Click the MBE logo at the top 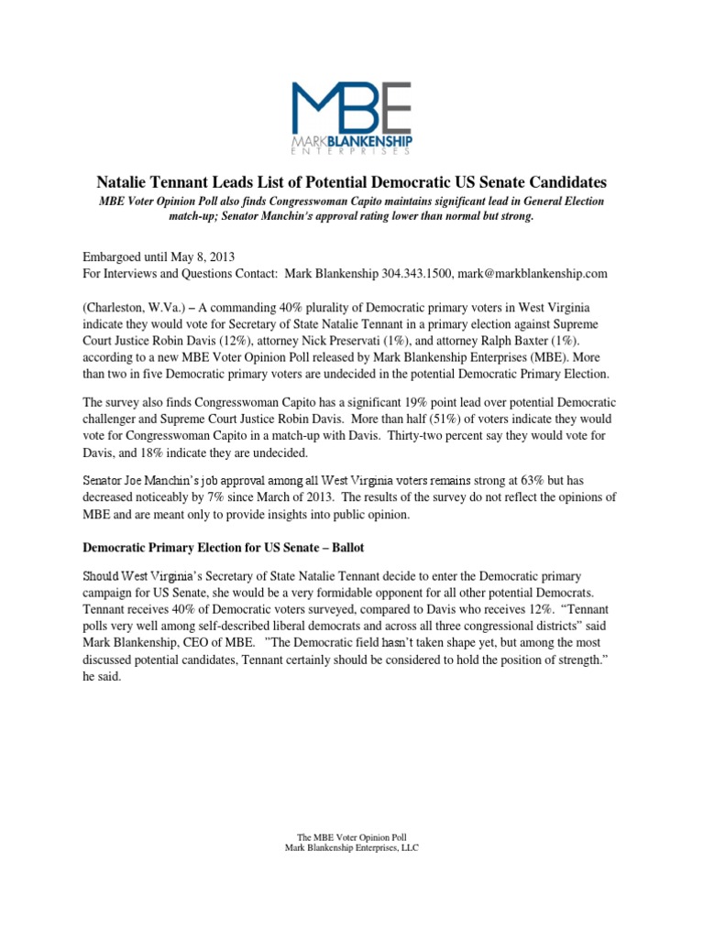tap(352, 116)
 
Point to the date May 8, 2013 tap(192, 256)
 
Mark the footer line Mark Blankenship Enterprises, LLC tap(352, 847)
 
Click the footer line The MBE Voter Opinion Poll tap(352, 836)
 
